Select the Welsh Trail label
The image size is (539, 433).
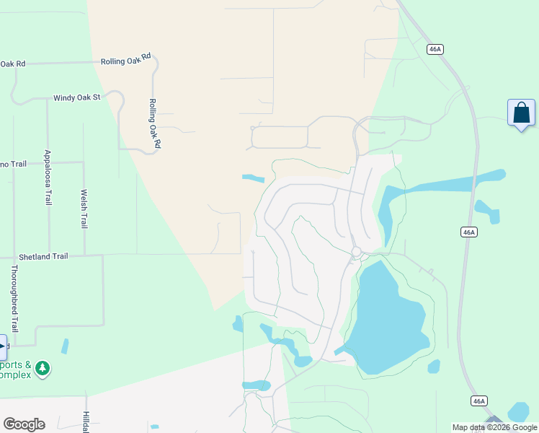click(x=84, y=209)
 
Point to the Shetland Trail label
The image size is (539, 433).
click(x=43, y=256)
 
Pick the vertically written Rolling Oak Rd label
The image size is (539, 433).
click(x=153, y=124)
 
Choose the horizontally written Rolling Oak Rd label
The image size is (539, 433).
click(x=127, y=59)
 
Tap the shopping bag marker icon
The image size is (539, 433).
click(x=521, y=114)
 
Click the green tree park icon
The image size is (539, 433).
click(x=43, y=369)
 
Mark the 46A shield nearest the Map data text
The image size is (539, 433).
click(x=479, y=401)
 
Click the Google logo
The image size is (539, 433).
click(x=24, y=424)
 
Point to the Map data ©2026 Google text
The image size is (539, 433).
click(x=494, y=427)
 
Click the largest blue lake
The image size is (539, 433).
click(x=389, y=318)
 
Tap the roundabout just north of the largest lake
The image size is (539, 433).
click(x=355, y=251)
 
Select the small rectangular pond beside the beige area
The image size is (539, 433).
click(x=253, y=178)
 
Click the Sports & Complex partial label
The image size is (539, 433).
click(x=16, y=369)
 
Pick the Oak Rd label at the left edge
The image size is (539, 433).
click(x=13, y=64)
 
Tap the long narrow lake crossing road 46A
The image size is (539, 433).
click(x=447, y=184)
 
